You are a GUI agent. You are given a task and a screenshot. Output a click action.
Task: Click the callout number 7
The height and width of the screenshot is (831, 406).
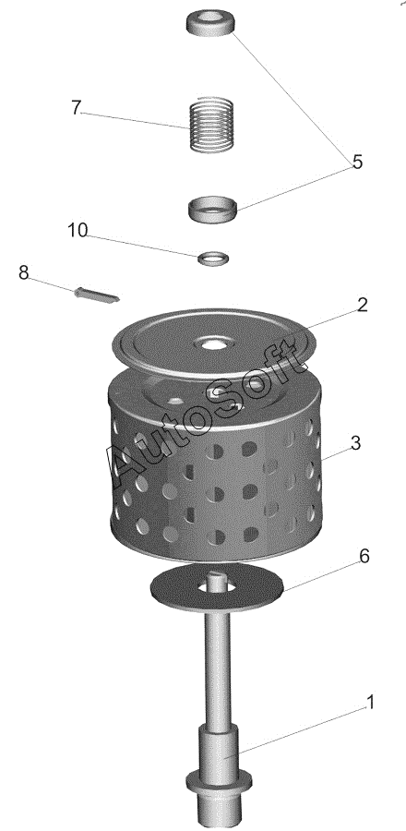click(77, 108)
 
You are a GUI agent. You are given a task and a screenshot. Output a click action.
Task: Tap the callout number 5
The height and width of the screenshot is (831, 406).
click(358, 162)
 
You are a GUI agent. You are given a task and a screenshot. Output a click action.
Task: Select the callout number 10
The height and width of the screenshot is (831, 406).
click(78, 231)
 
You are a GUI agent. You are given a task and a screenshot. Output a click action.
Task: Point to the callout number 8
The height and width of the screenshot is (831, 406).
click(24, 273)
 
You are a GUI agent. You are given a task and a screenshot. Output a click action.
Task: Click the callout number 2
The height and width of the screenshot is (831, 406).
click(362, 305)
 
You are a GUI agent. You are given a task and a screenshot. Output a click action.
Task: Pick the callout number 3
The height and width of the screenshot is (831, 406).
click(356, 442)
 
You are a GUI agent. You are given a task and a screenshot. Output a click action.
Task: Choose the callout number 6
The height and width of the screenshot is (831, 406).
click(364, 556)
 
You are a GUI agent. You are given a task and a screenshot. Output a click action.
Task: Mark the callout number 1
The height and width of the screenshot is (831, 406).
click(371, 703)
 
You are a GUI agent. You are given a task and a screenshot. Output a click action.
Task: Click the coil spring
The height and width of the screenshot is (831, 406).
click(211, 125)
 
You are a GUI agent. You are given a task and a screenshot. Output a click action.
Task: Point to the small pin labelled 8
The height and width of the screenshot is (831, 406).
click(97, 295)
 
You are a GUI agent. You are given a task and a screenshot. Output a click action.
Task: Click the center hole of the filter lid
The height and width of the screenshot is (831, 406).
click(213, 344)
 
